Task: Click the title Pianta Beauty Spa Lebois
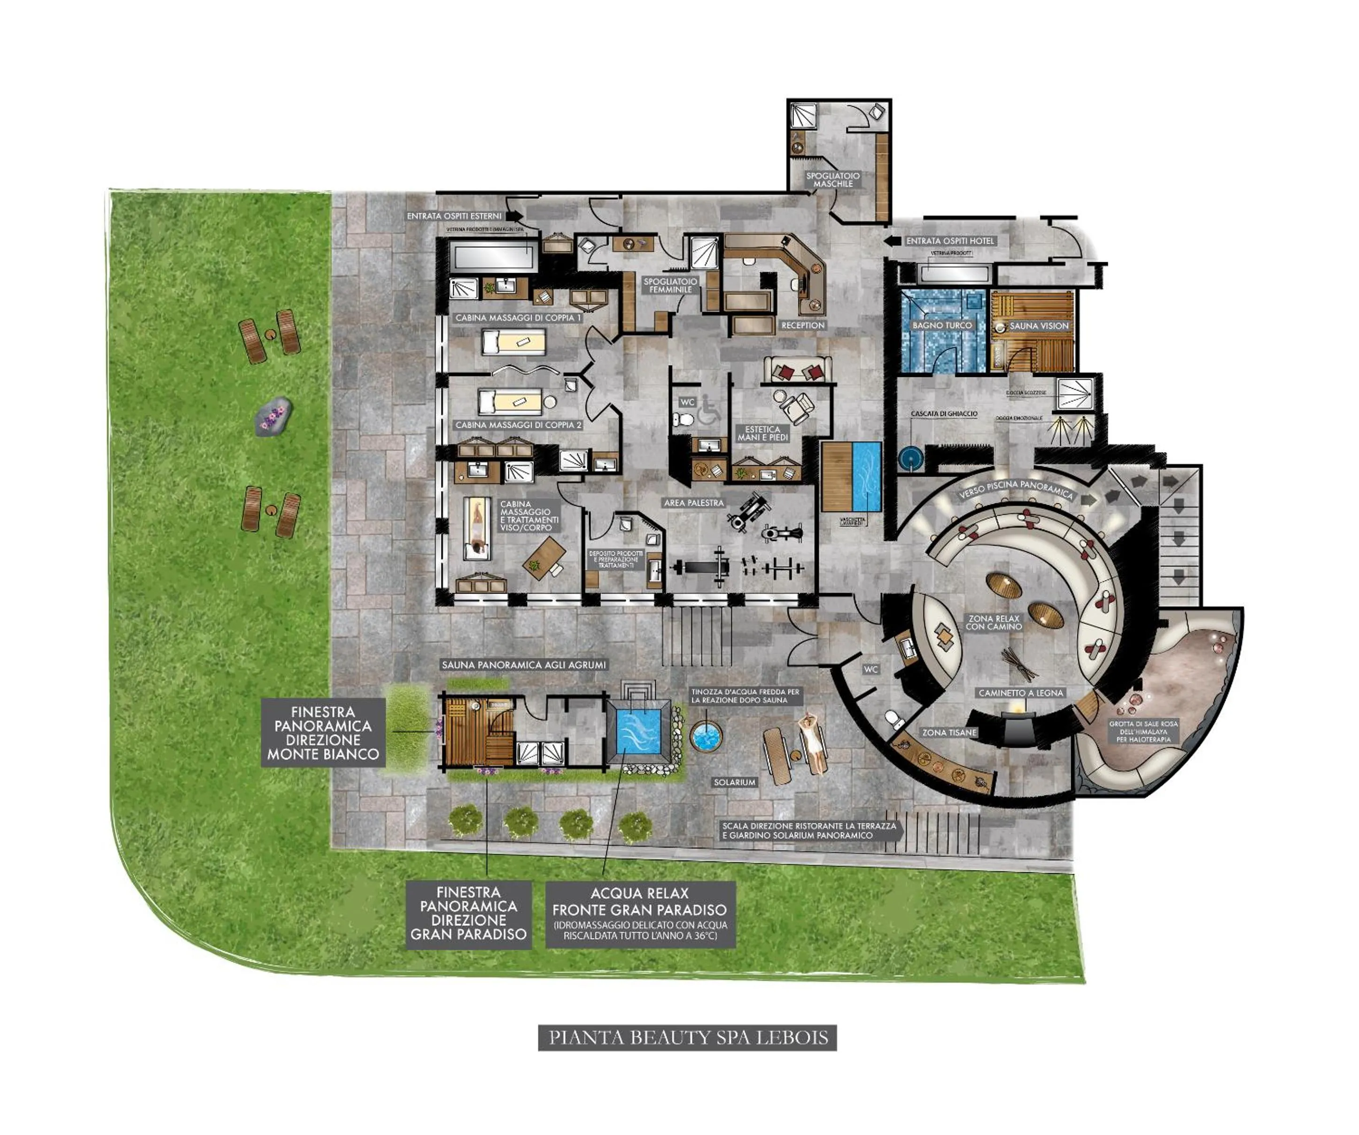[687, 1037]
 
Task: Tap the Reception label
[802, 325]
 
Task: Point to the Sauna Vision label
[1039, 326]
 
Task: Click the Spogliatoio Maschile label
[833, 180]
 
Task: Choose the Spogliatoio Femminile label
[670, 286]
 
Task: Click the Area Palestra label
[694, 502]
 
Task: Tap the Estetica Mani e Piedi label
[762, 433]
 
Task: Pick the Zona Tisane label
[949, 732]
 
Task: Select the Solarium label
[735, 782]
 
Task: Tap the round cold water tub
[706, 736]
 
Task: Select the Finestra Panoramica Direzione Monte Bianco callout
[323, 733]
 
